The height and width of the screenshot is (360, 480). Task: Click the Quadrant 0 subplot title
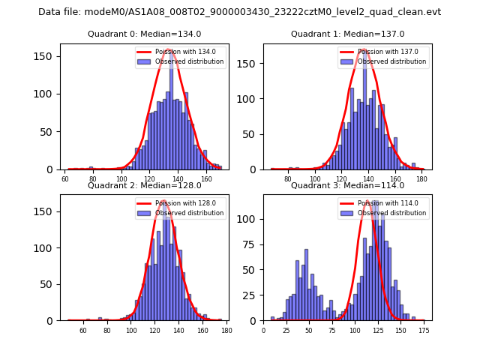[x=144, y=34]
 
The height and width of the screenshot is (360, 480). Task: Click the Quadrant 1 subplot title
[x=347, y=34]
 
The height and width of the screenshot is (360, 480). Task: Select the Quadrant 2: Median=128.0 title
[x=144, y=185]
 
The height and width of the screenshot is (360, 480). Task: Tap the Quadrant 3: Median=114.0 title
[x=347, y=185]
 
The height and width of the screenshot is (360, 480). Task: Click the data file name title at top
[x=239, y=12]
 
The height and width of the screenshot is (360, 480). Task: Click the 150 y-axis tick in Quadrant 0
[x=49, y=56]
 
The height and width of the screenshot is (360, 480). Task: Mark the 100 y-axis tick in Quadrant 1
[x=253, y=99]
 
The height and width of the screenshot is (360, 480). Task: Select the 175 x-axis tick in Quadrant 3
[x=423, y=329]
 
